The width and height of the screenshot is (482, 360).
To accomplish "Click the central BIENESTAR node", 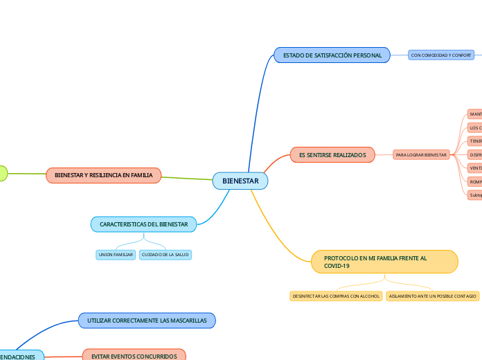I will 240,181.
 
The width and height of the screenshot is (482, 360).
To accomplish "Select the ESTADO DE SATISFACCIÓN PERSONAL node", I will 332,55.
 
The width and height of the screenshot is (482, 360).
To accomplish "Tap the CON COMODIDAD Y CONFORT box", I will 441,55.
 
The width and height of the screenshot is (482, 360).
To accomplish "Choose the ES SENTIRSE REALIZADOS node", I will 332,154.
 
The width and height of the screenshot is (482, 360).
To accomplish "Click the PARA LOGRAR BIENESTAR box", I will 422,154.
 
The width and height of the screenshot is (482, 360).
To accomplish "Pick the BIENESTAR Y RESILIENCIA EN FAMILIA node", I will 104,175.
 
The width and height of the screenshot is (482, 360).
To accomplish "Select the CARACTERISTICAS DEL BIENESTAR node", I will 144,224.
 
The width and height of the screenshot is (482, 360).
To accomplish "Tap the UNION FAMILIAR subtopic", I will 116,255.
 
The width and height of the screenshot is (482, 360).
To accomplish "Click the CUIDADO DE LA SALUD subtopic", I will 165,255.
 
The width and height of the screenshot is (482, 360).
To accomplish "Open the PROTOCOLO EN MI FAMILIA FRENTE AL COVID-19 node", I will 384,262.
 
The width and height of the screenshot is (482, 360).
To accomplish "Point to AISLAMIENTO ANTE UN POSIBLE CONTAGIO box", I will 433,296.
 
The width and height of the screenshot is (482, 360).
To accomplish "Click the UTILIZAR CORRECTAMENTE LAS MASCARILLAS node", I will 147,321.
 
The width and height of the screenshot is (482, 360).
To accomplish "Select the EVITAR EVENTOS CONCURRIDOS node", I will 134,356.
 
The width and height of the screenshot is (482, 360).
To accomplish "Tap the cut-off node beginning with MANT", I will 475,114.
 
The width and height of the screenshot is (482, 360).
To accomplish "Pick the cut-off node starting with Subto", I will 475,195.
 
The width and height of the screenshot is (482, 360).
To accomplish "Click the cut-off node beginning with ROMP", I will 475,181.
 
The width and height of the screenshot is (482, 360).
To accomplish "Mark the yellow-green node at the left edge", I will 2,173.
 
